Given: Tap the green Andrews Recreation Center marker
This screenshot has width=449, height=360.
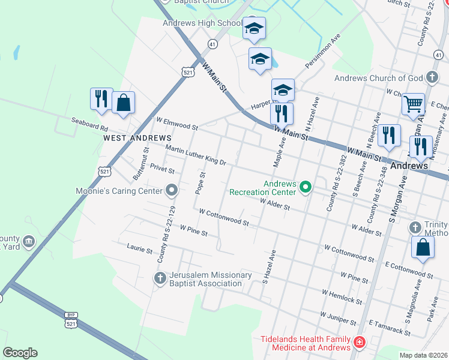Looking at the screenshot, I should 306,188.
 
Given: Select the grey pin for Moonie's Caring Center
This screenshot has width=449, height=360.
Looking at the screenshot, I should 172,191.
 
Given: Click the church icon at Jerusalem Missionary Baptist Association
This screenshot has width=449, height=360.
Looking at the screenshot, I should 160,278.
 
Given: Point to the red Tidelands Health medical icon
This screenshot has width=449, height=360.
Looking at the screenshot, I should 359,343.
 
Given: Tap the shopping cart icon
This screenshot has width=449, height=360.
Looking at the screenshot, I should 413,104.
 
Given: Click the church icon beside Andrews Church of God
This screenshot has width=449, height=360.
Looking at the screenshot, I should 432,77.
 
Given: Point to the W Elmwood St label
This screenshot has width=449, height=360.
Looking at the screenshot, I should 176,124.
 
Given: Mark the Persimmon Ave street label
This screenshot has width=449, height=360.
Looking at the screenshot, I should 322,55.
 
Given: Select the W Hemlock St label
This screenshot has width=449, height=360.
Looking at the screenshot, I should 342,297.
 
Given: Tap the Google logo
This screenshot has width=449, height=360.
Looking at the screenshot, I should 20,352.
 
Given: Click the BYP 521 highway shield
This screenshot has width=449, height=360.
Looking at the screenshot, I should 70,320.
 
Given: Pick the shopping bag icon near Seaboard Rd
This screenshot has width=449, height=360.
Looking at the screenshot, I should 123,102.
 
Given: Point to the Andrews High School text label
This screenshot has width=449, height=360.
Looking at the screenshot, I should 202,23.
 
